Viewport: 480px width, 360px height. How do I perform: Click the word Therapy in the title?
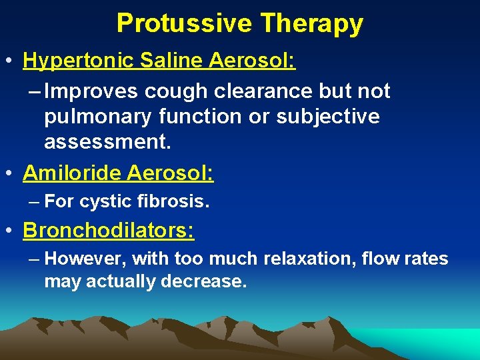(312, 24)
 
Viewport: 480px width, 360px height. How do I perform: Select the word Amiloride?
(72, 173)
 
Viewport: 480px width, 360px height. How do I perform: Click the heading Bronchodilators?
(109, 231)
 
